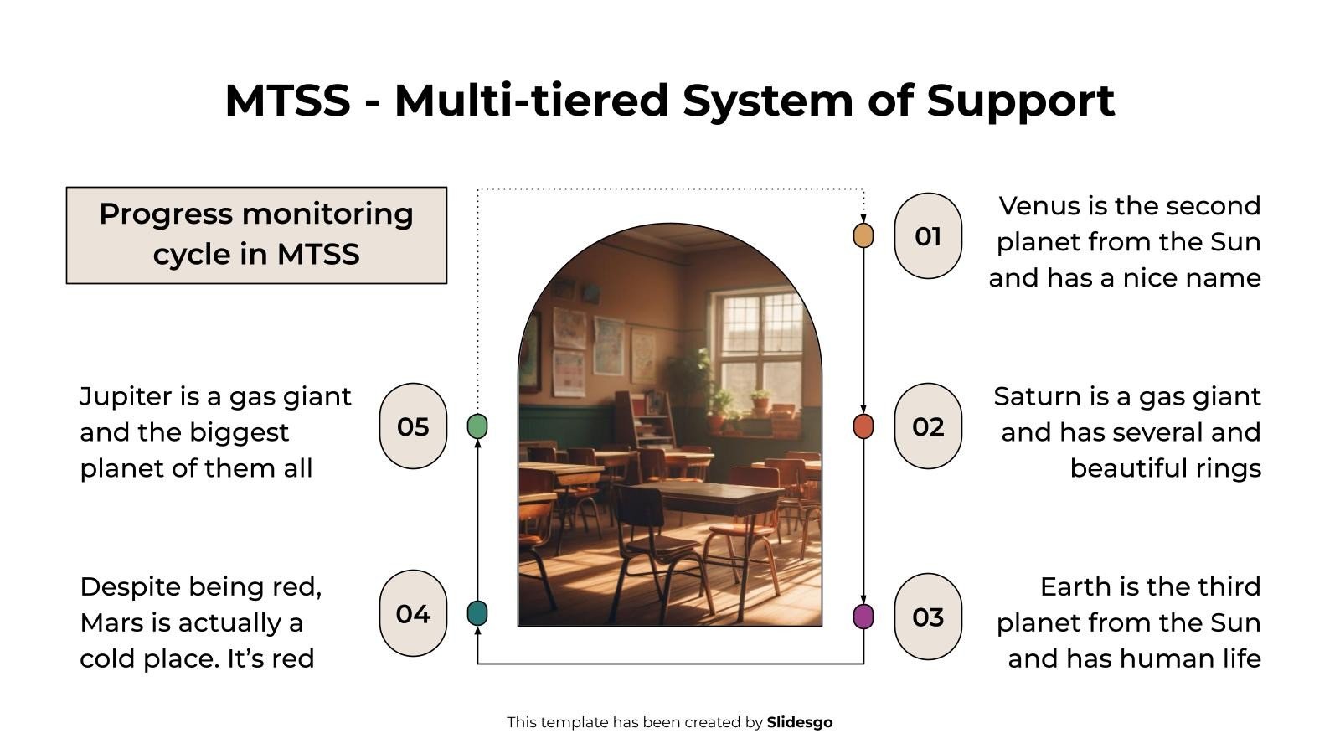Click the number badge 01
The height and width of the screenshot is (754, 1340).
[x=928, y=236]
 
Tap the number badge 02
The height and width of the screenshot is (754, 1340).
[x=928, y=426]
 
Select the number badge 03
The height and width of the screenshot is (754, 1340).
[x=928, y=617]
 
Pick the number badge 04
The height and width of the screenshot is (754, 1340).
[x=413, y=613]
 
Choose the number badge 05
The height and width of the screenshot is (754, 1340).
[x=413, y=426]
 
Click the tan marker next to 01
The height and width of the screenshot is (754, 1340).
[x=863, y=236]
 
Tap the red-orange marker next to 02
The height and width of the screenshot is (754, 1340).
[x=863, y=426]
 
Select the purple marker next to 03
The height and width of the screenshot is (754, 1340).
[x=863, y=617]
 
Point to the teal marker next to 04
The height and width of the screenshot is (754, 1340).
[x=477, y=613]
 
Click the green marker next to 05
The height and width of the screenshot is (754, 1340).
[x=477, y=426]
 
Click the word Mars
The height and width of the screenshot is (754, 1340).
[x=107, y=622]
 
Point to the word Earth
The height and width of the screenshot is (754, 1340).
[x=1072, y=586]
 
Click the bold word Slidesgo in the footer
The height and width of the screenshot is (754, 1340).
[x=799, y=722]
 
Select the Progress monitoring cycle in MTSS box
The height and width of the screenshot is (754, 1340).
[x=256, y=235]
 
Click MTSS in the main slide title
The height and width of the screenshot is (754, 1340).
[x=287, y=101]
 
